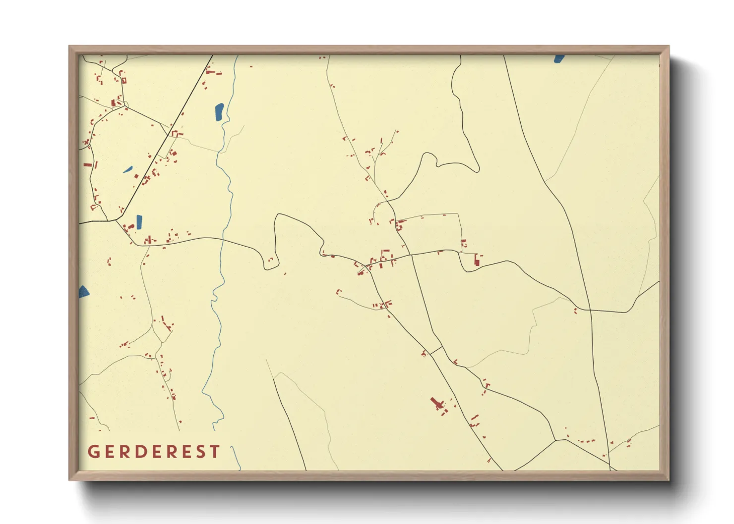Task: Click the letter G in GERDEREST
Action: (x=93, y=452)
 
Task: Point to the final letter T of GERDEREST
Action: (x=215, y=452)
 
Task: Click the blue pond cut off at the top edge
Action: (x=559, y=58)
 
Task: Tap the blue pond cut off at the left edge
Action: (x=84, y=291)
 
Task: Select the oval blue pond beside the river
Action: (x=219, y=112)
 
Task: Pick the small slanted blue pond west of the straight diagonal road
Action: (x=128, y=169)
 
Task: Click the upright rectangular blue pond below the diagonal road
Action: (x=139, y=221)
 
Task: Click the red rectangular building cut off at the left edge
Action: (x=88, y=164)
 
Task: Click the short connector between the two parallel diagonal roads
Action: (x=435, y=350)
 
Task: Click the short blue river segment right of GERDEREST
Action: (x=237, y=458)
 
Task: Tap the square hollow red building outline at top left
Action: (x=123, y=80)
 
